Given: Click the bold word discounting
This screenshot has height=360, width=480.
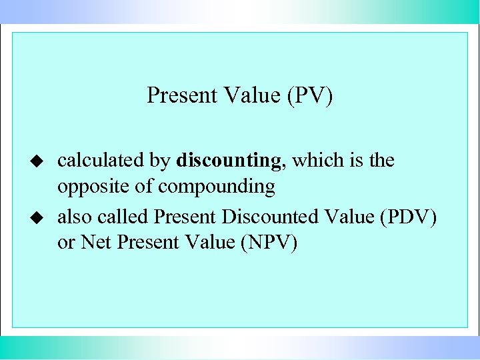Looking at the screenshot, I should [x=229, y=161].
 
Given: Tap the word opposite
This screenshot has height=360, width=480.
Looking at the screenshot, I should [x=94, y=187].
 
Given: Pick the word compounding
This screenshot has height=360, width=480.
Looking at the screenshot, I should [x=217, y=187].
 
